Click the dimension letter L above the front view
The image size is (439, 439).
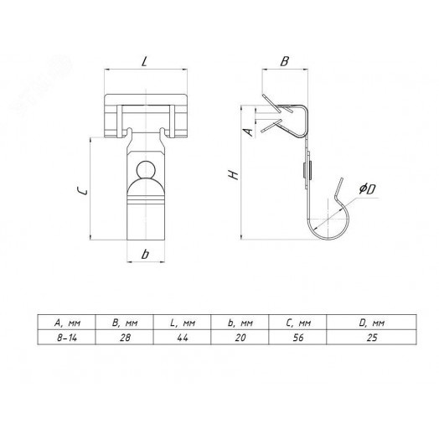(x=144, y=61)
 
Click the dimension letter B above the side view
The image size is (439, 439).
(x=285, y=61)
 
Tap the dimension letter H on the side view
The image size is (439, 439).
(x=234, y=175)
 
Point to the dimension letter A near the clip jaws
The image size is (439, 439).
(x=248, y=132)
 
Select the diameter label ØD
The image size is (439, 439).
(x=367, y=189)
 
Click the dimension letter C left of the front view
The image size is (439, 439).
(x=82, y=191)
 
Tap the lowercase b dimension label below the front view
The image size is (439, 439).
(x=145, y=254)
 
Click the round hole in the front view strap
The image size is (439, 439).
(x=146, y=170)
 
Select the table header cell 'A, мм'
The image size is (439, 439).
(x=67, y=323)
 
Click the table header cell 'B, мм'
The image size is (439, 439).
(x=125, y=323)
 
